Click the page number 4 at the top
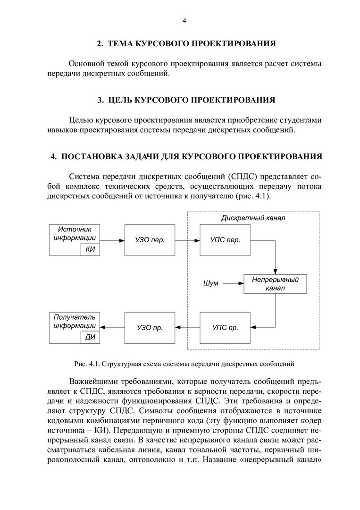(184, 21)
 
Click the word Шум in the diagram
(210, 283)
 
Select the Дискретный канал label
(253, 219)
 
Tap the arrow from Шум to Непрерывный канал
(233, 283)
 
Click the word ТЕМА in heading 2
(121, 44)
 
